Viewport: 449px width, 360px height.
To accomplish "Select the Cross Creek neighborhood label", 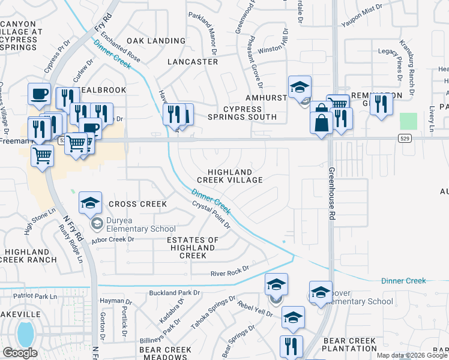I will coord(137,204).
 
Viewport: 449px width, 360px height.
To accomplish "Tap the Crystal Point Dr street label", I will coord(211,214).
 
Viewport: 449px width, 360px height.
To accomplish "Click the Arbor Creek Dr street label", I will coord(112,239).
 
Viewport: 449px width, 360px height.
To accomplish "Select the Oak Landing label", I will coord(155,41).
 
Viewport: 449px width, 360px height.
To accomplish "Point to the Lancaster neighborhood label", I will coord(193,62).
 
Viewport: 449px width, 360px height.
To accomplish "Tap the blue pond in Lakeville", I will coord(25,334).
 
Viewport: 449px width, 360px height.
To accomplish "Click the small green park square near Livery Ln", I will coord(408,121).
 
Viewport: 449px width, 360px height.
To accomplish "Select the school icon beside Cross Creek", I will coord(90,203).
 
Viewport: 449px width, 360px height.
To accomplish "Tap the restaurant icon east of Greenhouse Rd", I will coord(381,104).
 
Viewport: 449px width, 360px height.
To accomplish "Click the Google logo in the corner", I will coord(20,352).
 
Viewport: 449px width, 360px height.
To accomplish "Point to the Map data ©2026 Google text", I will coord(412,355).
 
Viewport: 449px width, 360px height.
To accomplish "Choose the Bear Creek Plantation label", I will coord(350,344).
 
